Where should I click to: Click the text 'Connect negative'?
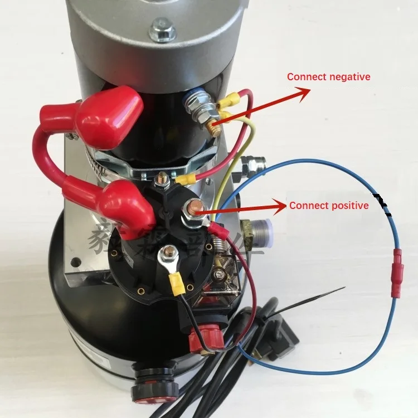pyautogui.click(x=328, y=77)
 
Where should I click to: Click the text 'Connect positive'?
pyautogui.click(x=328, y=206)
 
